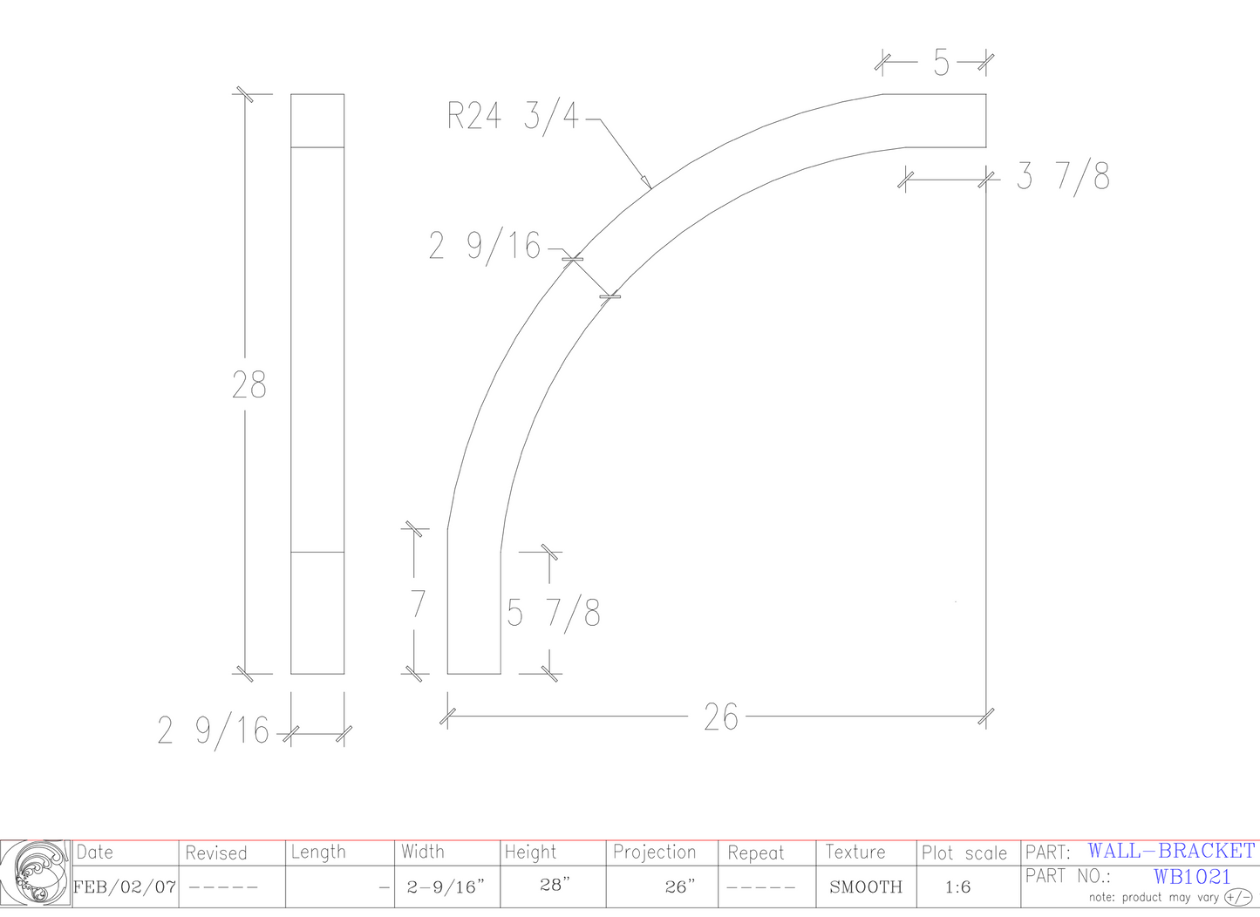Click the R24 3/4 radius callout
click(513, 116)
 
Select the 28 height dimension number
click(249, 384)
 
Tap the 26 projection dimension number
click(720, 717)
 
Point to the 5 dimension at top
click(941, 63)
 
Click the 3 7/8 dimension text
click(1063, 176)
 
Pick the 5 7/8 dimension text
click(554, 614)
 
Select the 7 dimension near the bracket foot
click(419, 604)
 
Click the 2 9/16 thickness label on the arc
click(485, 247)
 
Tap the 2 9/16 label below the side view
click(214, 731)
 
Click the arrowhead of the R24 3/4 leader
click(648, 184)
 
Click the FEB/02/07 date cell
click(125, 887)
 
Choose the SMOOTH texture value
click(865, 887)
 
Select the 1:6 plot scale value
click(957, 887)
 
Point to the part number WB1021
click(1192, 876)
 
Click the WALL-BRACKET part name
click(1171, 851)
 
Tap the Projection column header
click(654, 852)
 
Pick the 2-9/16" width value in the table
click(446, 887)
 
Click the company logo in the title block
click(36, 873)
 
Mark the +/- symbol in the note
click(1238, 897)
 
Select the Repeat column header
click(755, 852)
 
